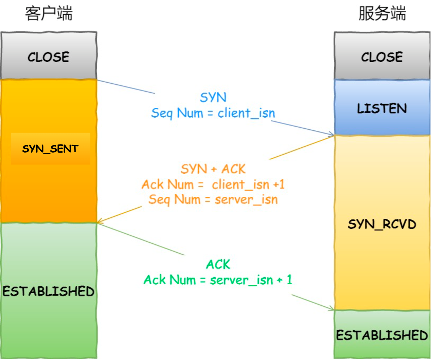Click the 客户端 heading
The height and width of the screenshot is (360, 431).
click(49, 14)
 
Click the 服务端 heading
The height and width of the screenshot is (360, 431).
click(382, 14)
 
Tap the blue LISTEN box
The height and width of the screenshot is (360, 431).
click(382, 108)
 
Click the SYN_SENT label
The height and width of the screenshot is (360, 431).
click(50, 149)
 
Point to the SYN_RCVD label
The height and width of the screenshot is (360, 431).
click(382, 224)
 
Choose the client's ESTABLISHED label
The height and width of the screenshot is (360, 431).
click(49, 291)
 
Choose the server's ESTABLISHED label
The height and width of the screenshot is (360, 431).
click(382, 335)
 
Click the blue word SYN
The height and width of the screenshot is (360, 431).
click(213, 98)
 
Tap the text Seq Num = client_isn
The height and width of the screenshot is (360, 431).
click(213, 113)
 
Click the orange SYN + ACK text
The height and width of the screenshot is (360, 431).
click(213, 169)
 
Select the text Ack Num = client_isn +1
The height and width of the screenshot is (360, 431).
click(213, 184)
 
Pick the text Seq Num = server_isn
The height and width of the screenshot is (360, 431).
click(213, 200)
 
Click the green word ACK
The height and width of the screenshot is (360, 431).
click(218, 264)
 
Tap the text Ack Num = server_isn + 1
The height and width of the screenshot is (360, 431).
click(218, 280)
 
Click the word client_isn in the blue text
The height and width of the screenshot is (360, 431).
click(246, 113)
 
